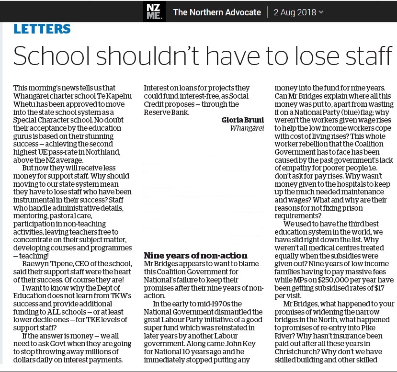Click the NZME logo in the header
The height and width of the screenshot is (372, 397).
pyautogui.click(x=154, y=11)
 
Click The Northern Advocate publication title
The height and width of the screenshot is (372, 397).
pyautogui.click(x=217, y=12)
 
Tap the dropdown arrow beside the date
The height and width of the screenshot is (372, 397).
pyautogui.click(x=321, y=12)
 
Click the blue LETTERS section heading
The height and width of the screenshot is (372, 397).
pyautogui.click(x=42, y=29)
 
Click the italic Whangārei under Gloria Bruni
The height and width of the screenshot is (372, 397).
pyautogui.click(x=247, y=128)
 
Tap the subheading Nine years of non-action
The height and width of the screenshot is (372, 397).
pyautogui.click(x=195, y=256)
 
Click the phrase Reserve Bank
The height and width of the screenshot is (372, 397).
pyautogui.click(x=167, y=113)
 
